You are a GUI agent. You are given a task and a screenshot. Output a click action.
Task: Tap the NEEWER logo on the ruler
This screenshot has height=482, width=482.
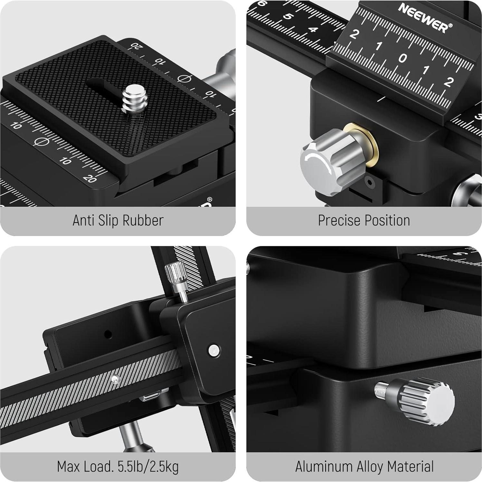coord(425,18)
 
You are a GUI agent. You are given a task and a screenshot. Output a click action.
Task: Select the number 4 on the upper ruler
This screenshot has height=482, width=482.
coord(312,30)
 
